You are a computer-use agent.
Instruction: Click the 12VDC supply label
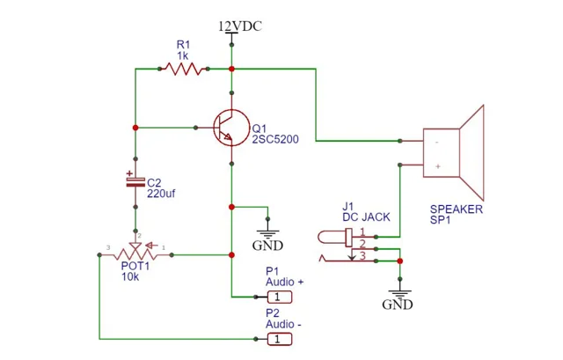tap(240, 26)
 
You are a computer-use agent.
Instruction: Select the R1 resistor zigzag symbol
tap(184, 69)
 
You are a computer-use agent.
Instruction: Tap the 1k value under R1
tap(183, 56)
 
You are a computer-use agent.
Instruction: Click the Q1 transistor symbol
tap(230, 128)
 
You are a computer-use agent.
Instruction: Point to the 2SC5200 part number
tap(275, 139)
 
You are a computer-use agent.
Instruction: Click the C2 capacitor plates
tap(135, 182)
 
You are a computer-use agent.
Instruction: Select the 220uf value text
tap(161, 194)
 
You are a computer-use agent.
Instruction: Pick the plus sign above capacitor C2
tap(129, 173)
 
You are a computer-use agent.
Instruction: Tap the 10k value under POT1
tap(130, 277)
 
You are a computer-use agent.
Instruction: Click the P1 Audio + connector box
tap(280, 298)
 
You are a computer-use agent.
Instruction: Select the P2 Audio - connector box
tap(280, 339)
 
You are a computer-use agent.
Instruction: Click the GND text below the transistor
tap(267, 246)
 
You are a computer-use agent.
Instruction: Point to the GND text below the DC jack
tap(398, 305)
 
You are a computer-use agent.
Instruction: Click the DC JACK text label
tap(366, 217)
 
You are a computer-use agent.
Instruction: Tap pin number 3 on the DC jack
tap(362, 255)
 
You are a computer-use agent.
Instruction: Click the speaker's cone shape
tap(472, 152)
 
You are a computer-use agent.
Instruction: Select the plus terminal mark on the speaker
tap(438, 166)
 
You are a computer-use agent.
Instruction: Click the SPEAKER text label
tap(457, 209)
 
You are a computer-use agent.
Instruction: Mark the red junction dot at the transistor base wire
tap(135, 128)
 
